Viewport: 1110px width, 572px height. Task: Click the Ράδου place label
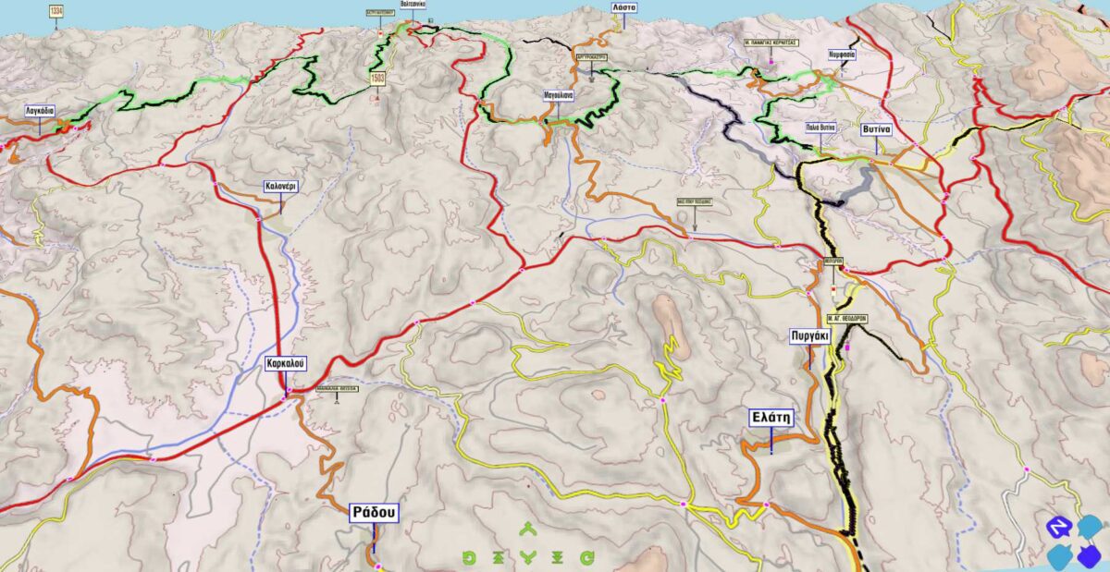[x=374, y=513]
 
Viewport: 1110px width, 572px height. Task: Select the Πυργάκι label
[x=808, y=336]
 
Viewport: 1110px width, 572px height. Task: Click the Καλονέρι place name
[x=280, y=185]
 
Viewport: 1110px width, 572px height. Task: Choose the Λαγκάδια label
[x=41, y=110]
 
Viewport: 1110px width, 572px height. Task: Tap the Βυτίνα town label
[x=875, y=129]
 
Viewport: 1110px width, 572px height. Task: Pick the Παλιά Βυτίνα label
[x=820, y=126]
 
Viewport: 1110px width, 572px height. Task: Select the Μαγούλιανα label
[x=559, y=94]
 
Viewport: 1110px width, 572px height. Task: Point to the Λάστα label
[x=624, y=6]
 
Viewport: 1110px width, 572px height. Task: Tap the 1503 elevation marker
[x=377, y=79]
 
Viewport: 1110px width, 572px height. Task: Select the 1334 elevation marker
[x=56, y=10]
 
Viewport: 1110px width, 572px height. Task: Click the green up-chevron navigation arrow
[x=528, y=529]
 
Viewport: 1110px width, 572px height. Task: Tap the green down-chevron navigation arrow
[x=528, y=557]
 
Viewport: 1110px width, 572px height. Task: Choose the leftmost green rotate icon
[x=469, y=557]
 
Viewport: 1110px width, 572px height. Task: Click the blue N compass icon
[x=1056, y=527]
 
